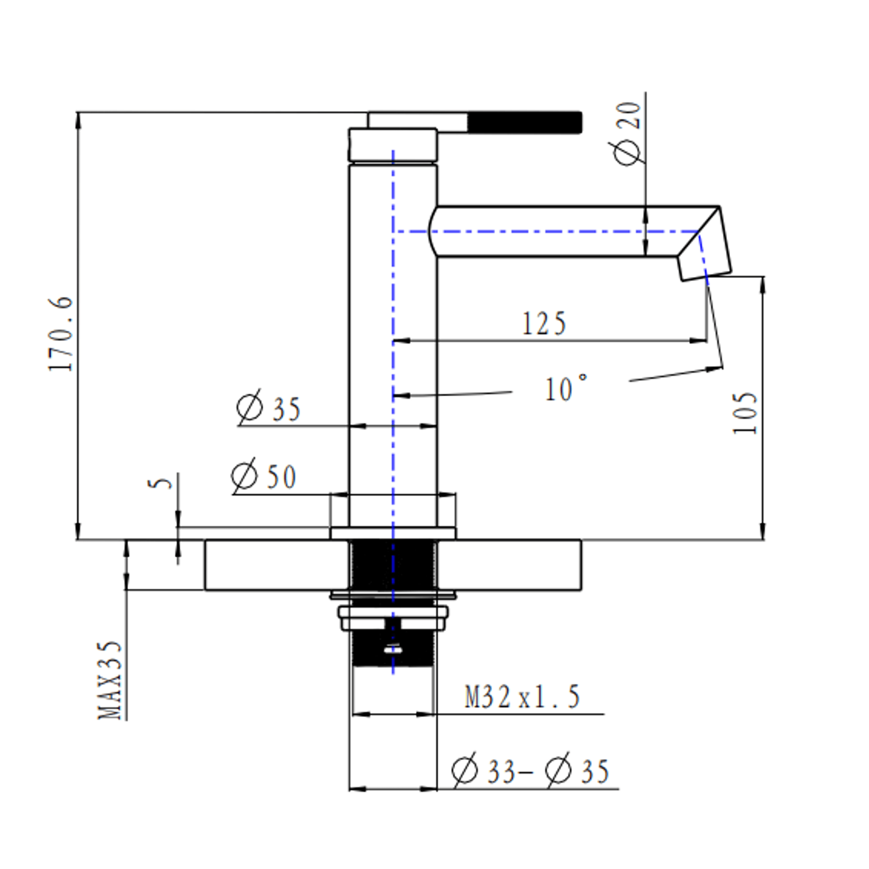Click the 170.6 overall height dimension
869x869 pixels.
(61, 333)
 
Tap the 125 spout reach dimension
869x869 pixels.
(543, 324)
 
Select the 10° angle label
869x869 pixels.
(566, 388)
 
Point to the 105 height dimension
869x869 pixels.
(745, 413)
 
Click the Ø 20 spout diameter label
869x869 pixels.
(627, 134)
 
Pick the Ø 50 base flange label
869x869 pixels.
(263, 475)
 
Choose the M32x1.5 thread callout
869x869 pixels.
(522, 697)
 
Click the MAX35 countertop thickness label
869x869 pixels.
(110, 680)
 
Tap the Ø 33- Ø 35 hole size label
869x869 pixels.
(530, 770)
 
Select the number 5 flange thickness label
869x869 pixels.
(160, 482)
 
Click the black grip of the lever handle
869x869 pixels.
(524, 122)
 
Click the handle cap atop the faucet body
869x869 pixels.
(393, 145)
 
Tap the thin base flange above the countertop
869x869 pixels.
(393, 533)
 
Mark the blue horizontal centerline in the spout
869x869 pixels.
(544, 231)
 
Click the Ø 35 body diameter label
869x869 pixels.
(269, 408)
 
